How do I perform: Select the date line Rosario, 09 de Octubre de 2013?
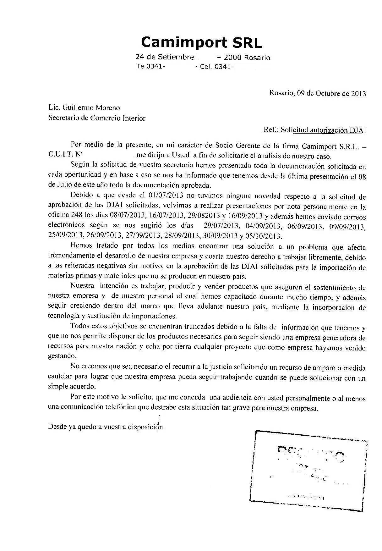coord(318,93)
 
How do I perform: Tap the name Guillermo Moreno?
coord(91,108)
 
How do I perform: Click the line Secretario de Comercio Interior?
coord(97,118)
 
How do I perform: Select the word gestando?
coord(62,356)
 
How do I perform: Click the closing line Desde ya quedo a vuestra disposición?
coord(106,427)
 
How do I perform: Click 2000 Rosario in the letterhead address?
coord(247,58)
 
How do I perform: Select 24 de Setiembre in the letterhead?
coord(165,57)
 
